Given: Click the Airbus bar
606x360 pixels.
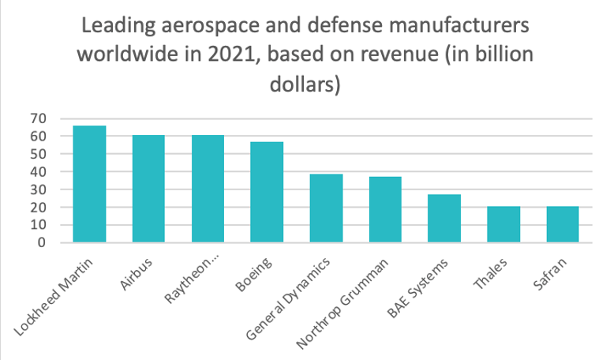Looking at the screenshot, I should point(148,189).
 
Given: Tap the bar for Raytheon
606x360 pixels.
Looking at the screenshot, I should point(208,189).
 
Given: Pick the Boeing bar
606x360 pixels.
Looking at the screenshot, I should point(267,192).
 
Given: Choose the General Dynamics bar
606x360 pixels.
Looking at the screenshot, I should point(326,208).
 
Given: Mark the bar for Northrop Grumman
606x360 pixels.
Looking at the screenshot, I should point(385,210).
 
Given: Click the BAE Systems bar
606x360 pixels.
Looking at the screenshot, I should point(444,219).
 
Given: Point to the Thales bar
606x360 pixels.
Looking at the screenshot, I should point(503,224).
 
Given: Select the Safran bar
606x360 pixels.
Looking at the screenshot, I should point(563,224).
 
